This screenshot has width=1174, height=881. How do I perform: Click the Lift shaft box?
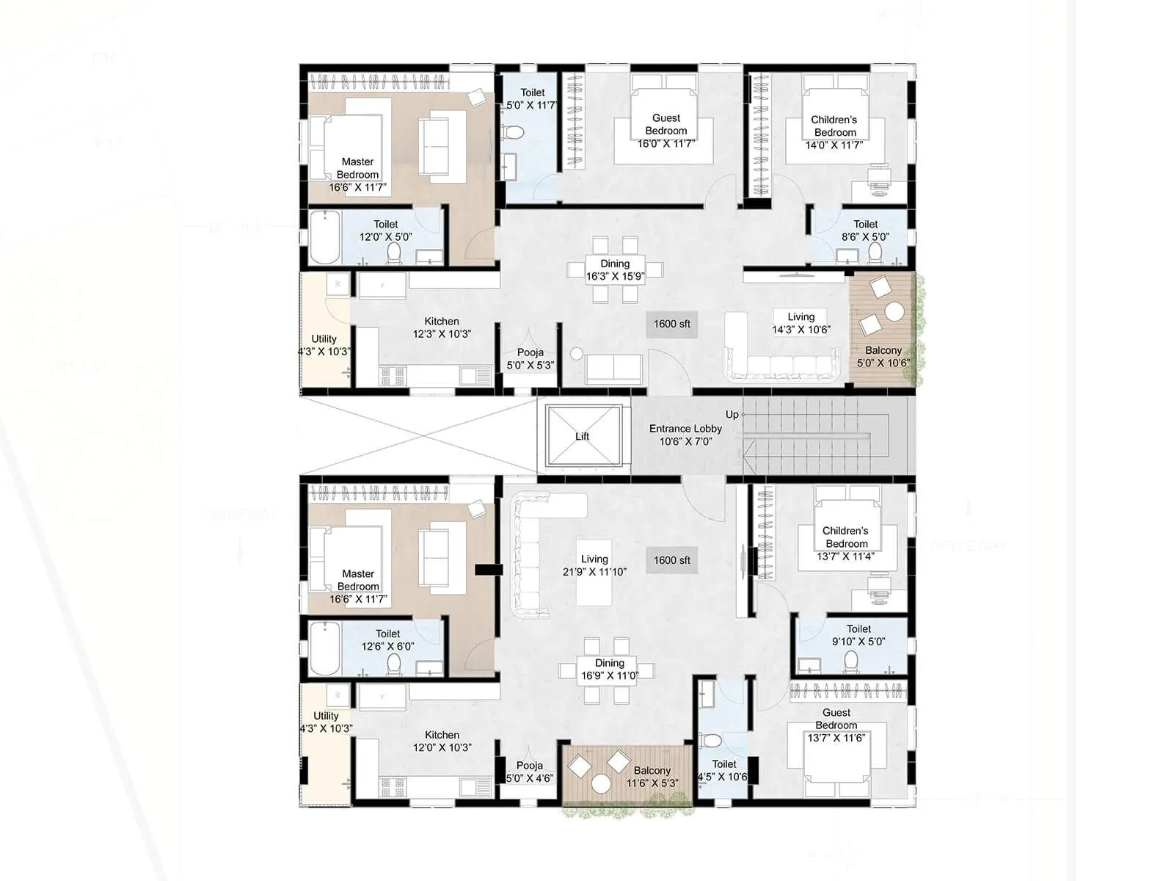point(583,436)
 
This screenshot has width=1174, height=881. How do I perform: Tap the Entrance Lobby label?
point(685,435)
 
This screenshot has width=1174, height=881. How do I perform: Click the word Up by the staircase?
point(732,415)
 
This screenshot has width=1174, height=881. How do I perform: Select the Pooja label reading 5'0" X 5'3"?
point(530,358)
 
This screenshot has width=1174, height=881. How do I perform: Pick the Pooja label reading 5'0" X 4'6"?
point(530,772)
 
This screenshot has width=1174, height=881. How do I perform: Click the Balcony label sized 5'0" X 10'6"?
point(883,356)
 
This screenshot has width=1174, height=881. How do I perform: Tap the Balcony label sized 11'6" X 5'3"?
point(652,777)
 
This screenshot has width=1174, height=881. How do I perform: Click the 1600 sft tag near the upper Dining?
point(671,324)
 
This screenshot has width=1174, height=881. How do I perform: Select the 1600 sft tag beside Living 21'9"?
point(671,560)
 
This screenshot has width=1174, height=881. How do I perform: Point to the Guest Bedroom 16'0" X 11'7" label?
point(666,130)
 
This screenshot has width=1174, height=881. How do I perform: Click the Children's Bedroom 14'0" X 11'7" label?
point(834,131)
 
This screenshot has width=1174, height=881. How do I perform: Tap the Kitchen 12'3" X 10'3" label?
point(442,327)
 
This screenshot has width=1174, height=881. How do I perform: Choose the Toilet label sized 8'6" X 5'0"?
point(866,230)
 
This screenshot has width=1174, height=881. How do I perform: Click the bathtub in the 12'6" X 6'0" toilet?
point(324,648)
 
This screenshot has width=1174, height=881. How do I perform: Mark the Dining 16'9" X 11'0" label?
point(609,669)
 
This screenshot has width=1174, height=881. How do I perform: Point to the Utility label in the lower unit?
point(326,722)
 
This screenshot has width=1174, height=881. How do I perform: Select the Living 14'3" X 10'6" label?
point(801,323)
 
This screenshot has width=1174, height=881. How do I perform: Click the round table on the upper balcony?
point(894,312)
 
